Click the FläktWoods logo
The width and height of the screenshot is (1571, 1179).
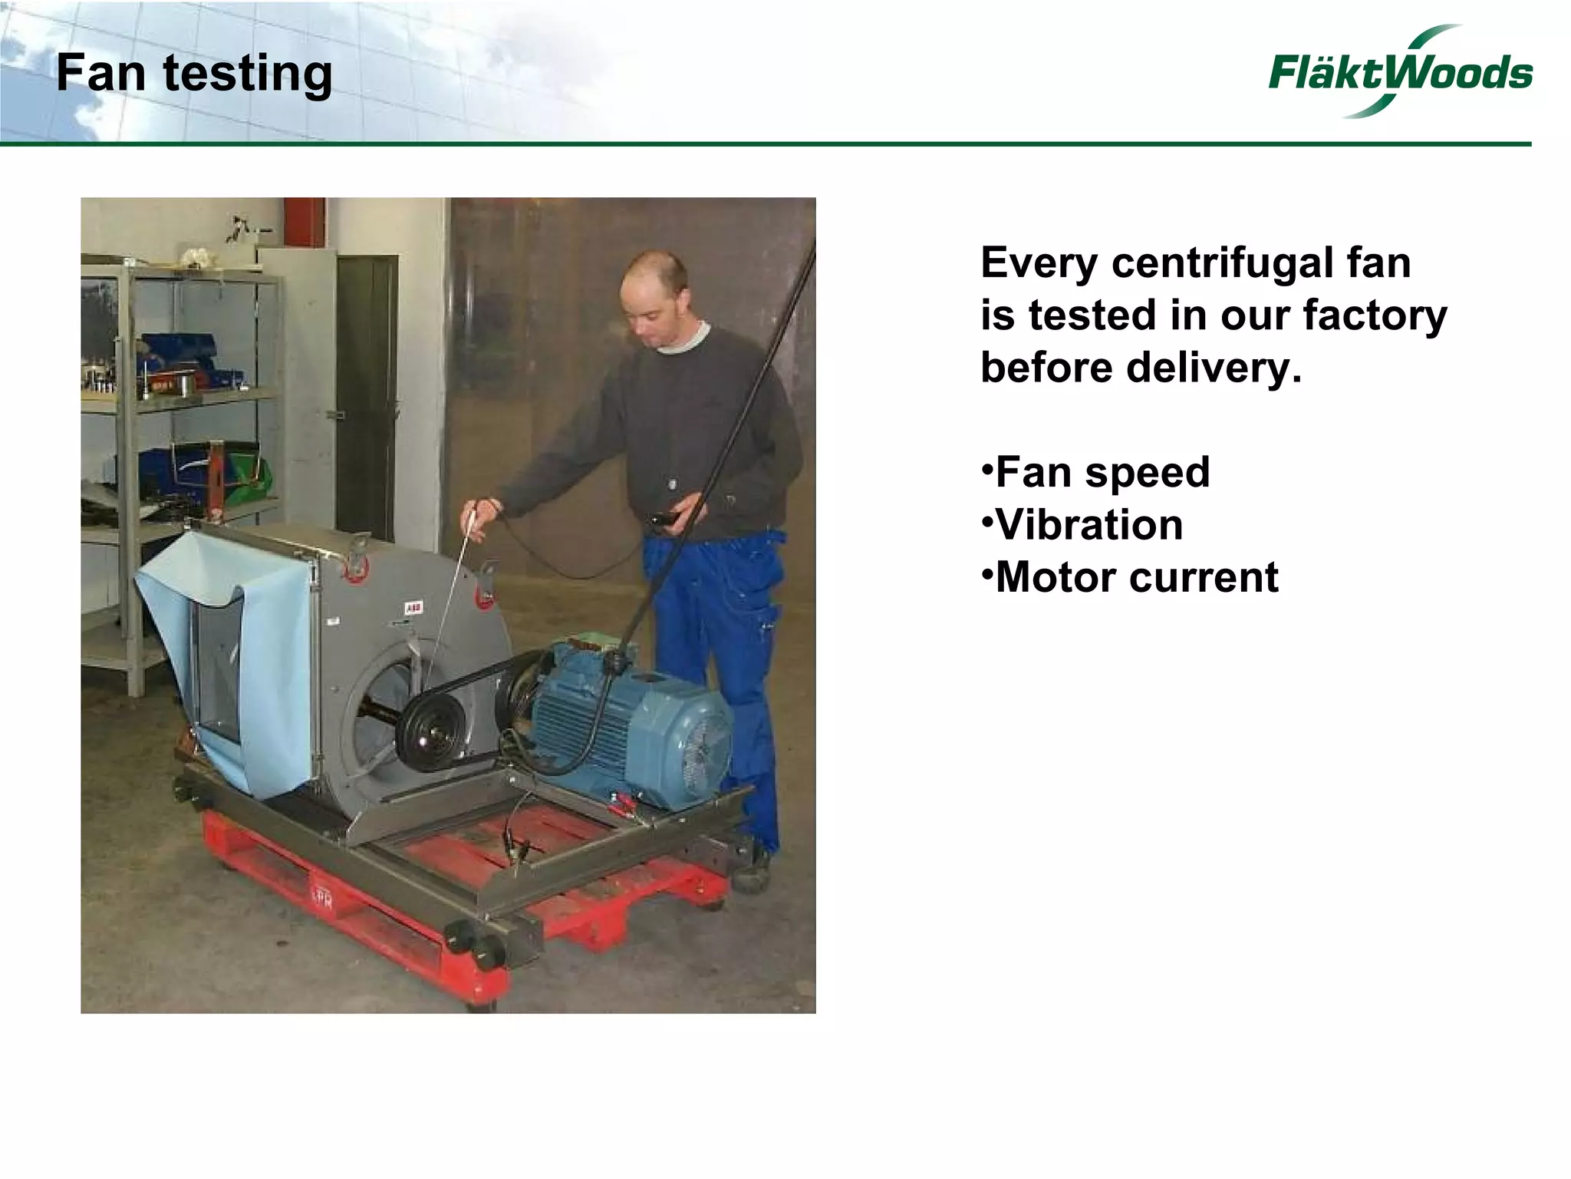pyautogui.click(x=1400, y=73)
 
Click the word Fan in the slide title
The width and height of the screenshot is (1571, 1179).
pyautogui.click(x=100, y=74)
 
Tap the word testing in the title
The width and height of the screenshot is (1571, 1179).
pyautogui.click(x=248, y=75)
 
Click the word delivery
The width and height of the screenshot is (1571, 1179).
pyautogui.click(x=1214, y=368)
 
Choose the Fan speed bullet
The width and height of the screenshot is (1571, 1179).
pyautogui.click(x=1097, y=472)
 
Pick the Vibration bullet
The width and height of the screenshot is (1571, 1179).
pyautogui.click(x=1083, y=525)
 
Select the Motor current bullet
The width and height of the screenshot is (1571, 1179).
pyautogui.click(x=1131, y=577)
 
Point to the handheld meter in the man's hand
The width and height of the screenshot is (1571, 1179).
pyautogui.click(x=660, y=519)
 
